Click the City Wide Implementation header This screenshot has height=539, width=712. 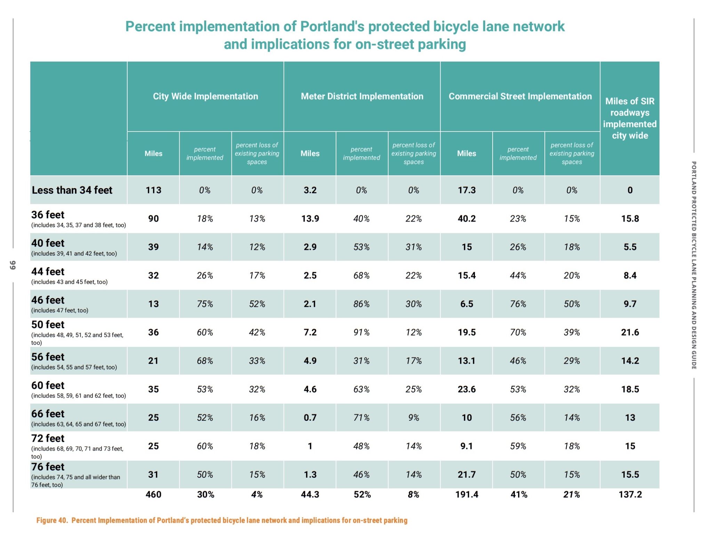pos(205,96)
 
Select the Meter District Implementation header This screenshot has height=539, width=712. pos(362,96)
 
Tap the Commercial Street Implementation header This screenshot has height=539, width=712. pos(520,96)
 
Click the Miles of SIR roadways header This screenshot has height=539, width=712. pos(630,118)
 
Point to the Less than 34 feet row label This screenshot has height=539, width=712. pos(72,190)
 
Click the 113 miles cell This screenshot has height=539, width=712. pos(153,190)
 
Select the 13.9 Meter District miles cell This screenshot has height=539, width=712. pos(310,219)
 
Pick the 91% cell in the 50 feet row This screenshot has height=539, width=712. pos(362,332)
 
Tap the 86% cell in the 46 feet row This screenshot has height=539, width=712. pos(362,304)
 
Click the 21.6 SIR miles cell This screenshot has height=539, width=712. pos(630,332)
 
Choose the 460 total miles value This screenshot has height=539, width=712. pos(153,494)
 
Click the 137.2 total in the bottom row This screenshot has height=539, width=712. pos(630,494)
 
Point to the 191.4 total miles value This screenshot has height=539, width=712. pos(467,494)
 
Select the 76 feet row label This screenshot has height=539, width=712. pos(48,467)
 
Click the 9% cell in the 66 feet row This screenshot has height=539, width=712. pos(414,418)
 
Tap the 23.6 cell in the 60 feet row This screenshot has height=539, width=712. pos(467,389)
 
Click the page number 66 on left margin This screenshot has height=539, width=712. pos(13,265)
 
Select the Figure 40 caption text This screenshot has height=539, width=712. pos(222,520)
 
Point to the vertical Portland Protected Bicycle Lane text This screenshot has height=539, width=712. pos(694,264)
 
